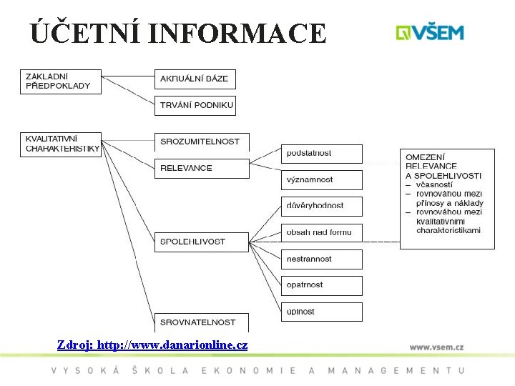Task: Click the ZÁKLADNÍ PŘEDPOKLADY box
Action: (x=61, y=81)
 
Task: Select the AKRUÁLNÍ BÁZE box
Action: (x=195, y=79)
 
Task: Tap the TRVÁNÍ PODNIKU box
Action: (x=195, y=105)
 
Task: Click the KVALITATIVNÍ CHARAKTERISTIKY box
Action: (x=61, y=144)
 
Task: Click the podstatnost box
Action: (x=321, y=154)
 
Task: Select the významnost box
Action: (x=321, y=180)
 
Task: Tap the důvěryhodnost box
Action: (x=321, y=206)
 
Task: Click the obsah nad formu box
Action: (x=321, y=232)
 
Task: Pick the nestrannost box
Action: (x=321, y=259)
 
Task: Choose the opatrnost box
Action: (x=321, y=285)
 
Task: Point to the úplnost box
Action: (x=321, y=312)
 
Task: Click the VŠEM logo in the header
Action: (x=430, y=32)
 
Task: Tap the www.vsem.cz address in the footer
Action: (x=436, y=347)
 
